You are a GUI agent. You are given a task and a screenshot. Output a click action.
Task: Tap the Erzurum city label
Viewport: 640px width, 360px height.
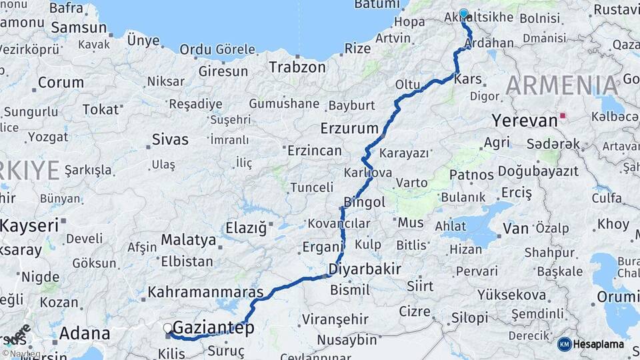click(349, 128)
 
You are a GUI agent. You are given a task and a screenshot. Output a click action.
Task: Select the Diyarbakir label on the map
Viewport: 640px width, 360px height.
click(365, 269)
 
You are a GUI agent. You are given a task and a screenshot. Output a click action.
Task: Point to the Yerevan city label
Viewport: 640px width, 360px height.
click(524, 121)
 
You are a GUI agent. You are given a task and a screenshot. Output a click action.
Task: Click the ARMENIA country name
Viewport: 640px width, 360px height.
click(562, 86)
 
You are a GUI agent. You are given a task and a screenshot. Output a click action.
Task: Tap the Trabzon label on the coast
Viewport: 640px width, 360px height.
click(297, 67)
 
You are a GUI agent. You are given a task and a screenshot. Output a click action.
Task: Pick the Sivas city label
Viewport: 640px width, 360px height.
click(170, 140)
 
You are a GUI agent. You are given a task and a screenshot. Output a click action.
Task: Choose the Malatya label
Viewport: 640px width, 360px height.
click(189, 240)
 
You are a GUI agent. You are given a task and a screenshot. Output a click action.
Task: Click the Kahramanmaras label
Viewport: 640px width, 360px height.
click(206, 292)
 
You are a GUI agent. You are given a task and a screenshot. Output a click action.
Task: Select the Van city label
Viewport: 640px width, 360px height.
click(515, 229)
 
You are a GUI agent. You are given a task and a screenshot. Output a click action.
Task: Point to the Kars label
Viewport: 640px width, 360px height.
click(467, 79)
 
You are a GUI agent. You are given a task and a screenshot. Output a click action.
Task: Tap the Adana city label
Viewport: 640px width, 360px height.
click(85, 333)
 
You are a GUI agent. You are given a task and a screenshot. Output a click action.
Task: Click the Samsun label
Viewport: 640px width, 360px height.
click(79, 28)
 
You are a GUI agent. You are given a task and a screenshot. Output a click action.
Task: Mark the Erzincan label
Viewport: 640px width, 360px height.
click(314, 151)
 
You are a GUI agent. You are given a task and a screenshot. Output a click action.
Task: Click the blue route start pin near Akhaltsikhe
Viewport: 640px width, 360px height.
click(463, 13)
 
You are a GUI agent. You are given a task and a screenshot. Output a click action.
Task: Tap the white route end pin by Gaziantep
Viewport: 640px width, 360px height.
click(168, 328)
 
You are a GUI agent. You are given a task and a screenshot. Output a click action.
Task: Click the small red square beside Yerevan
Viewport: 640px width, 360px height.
click(563, 115)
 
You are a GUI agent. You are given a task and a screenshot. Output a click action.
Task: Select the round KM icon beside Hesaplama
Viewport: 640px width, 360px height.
click(564, 344)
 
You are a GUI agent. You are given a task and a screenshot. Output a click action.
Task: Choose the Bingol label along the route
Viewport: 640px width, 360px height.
click(364, 202)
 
